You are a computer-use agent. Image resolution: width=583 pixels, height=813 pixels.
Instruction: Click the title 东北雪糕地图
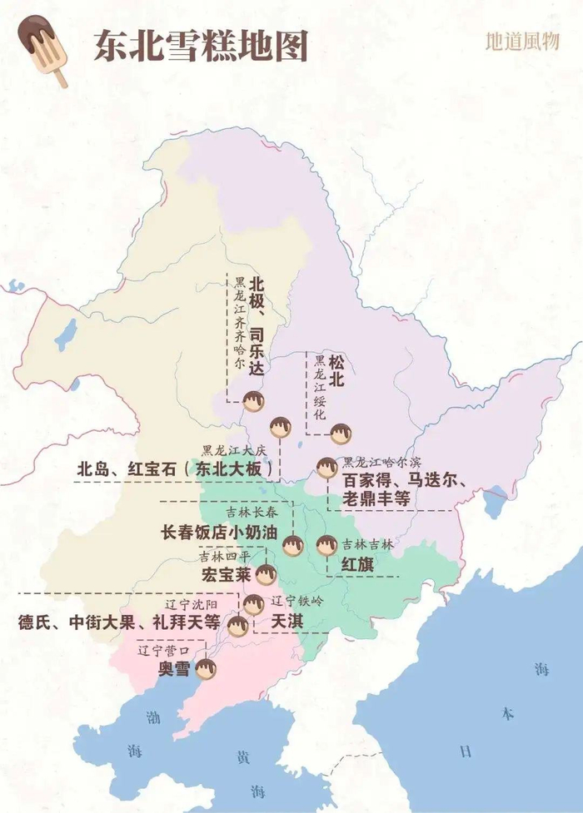(x=200, y=47)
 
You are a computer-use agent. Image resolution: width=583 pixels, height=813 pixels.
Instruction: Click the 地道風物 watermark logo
(x=522, y=42)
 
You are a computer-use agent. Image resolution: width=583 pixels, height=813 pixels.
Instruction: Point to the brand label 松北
(x=336, y=371)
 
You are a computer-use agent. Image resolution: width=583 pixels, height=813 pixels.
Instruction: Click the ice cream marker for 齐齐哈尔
(x=253, y=403)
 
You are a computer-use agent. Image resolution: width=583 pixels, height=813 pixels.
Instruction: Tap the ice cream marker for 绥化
(x=341, y=434)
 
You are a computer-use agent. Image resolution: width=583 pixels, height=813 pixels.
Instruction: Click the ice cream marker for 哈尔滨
(x=326, y=468)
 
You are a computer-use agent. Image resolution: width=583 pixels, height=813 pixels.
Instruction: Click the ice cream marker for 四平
(x=265, y=574)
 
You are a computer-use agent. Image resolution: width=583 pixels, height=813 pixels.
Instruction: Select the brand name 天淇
(x=288, y=622)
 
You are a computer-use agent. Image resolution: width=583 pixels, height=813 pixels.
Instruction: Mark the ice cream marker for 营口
(x=205, y=668)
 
